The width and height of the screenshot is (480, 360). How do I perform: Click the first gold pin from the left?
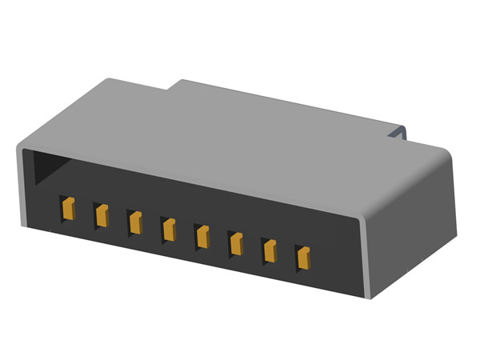pos(68,209)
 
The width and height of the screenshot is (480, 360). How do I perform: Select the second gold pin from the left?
pos(102,214)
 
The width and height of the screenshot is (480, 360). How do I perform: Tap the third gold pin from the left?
pos(135,222)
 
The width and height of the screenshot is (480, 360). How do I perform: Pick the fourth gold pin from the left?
pos(169,229)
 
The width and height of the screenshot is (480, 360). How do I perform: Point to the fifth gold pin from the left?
pos(202,236)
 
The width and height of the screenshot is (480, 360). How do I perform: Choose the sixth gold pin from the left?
pos(236,242)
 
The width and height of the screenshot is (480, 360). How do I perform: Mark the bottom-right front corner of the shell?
pos(367,294)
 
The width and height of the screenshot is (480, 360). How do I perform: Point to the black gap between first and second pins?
pos(85,212)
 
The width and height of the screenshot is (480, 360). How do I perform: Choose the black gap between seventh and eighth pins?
pos(286,254)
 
